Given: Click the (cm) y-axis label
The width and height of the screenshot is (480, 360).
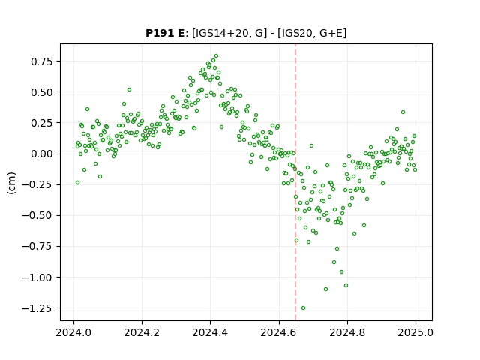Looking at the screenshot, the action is click(11, 183).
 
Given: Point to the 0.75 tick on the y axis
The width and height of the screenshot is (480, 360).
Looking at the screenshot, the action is click(42, 61).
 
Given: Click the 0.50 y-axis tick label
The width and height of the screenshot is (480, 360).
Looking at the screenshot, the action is click(42, 92).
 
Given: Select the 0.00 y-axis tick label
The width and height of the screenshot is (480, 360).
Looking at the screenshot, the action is click(42, 154).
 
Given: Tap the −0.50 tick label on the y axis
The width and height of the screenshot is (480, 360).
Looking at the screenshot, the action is click(37, 215).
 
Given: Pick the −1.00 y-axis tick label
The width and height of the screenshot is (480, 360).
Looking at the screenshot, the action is click(37, 277).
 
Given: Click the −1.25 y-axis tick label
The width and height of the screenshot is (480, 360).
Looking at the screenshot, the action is click(37, 308).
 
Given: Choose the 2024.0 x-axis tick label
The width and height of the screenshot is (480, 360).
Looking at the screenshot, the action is click(73, 332).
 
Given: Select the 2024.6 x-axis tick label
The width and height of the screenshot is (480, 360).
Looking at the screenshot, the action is click(279, 332).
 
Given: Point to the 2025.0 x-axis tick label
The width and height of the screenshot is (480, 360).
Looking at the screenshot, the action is click(415, 332).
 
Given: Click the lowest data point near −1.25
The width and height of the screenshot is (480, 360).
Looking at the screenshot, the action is click(303, 308).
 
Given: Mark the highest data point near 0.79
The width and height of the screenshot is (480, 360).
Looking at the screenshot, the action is click(217, 56).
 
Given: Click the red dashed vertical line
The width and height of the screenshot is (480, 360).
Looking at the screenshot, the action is click(295, 182).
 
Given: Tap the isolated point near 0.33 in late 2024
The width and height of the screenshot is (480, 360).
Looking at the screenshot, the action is click(403, 112).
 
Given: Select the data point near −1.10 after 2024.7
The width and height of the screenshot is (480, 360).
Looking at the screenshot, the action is click(325, 289).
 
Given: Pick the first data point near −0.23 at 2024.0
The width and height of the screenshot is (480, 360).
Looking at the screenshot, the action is click(77, 183).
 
